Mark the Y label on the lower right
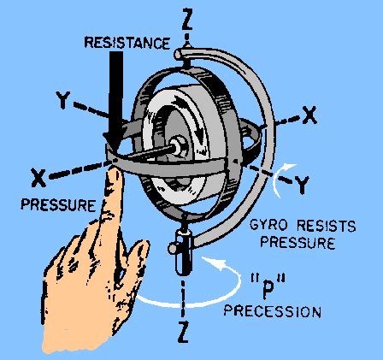click(x=302, y=181)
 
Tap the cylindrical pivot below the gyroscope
click(x=182, y=257)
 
